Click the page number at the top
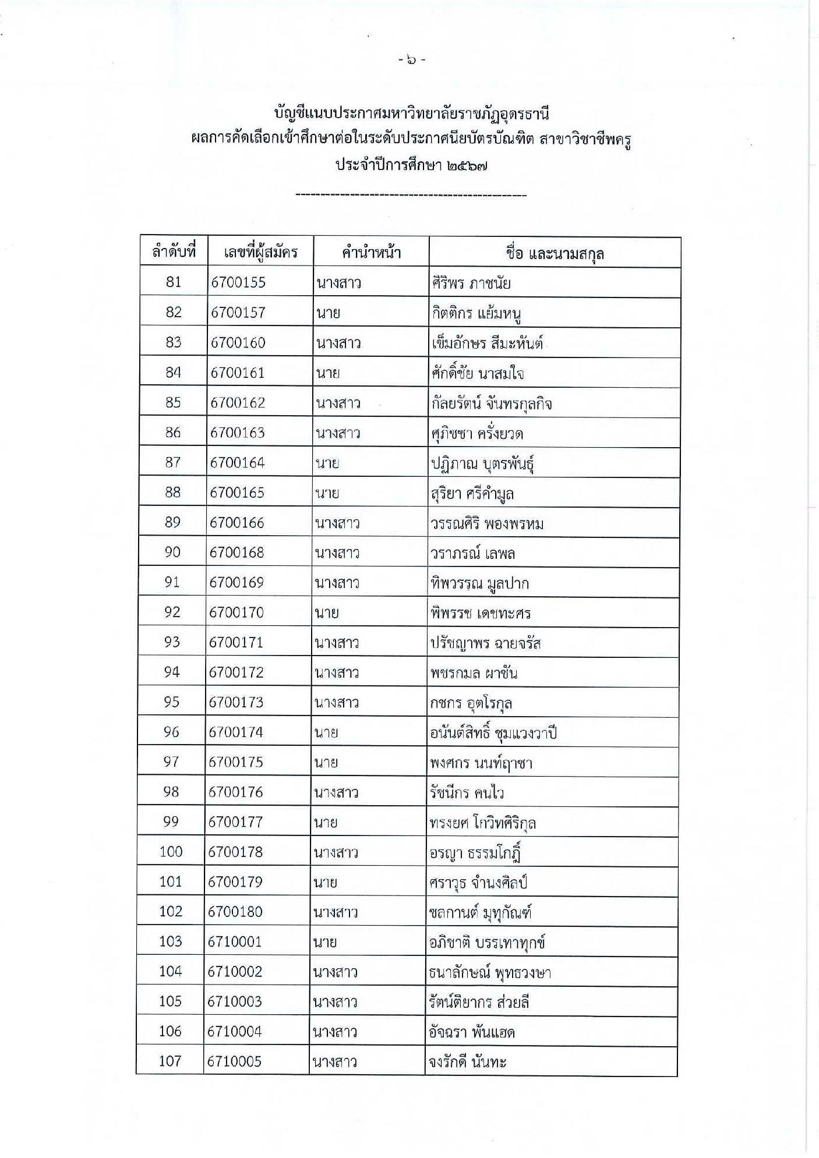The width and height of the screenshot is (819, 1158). click(x=412, y=59)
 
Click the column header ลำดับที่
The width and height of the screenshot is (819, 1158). click(x=173, y=252)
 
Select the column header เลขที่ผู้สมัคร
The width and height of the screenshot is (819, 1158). click(x=260, y=252)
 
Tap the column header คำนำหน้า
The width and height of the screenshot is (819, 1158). click(x=371, y=253)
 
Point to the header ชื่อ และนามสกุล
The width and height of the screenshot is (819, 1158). click(x=555, y=253)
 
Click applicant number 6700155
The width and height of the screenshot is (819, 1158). click(x=238, y=282)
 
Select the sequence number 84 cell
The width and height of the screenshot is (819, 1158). click(x=174, y=372)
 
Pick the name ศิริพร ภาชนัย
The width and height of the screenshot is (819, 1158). click(x=471, y=284)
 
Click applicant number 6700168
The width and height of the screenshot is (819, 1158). click(x=236, y=552)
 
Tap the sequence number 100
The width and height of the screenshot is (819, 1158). click(x=171, y=852)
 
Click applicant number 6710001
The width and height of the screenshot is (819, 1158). click(x=235, y=941)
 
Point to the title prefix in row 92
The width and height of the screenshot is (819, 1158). click(x=327, y=612)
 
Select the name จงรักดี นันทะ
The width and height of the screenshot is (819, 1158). click(x=467, y=1062)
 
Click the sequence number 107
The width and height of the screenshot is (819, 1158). click(x=170, y=1061)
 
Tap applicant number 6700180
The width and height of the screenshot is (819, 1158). click(x=235, y=912)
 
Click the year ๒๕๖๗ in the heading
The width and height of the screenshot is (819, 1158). click(x=468, y=165)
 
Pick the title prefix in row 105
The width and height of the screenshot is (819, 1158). click(x=335, y=1002)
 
